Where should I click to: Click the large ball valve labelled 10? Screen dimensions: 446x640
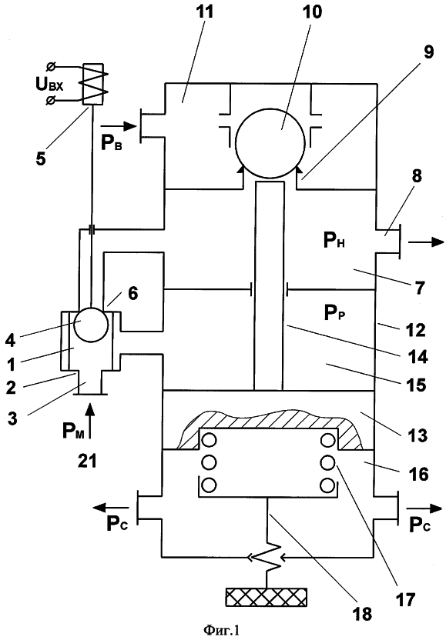point(270,143)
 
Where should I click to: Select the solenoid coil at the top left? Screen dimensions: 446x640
point(96,84)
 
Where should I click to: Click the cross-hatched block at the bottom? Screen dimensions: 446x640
point(266,596)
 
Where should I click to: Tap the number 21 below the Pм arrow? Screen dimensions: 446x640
point(87,461)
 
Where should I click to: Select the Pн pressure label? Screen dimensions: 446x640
point(334,242)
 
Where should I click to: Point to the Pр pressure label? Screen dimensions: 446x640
point(335,314)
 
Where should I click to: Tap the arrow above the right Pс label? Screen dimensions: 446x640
point(424,508)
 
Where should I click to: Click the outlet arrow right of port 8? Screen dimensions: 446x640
point(425,242)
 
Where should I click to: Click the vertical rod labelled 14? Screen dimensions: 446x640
point(269,285)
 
